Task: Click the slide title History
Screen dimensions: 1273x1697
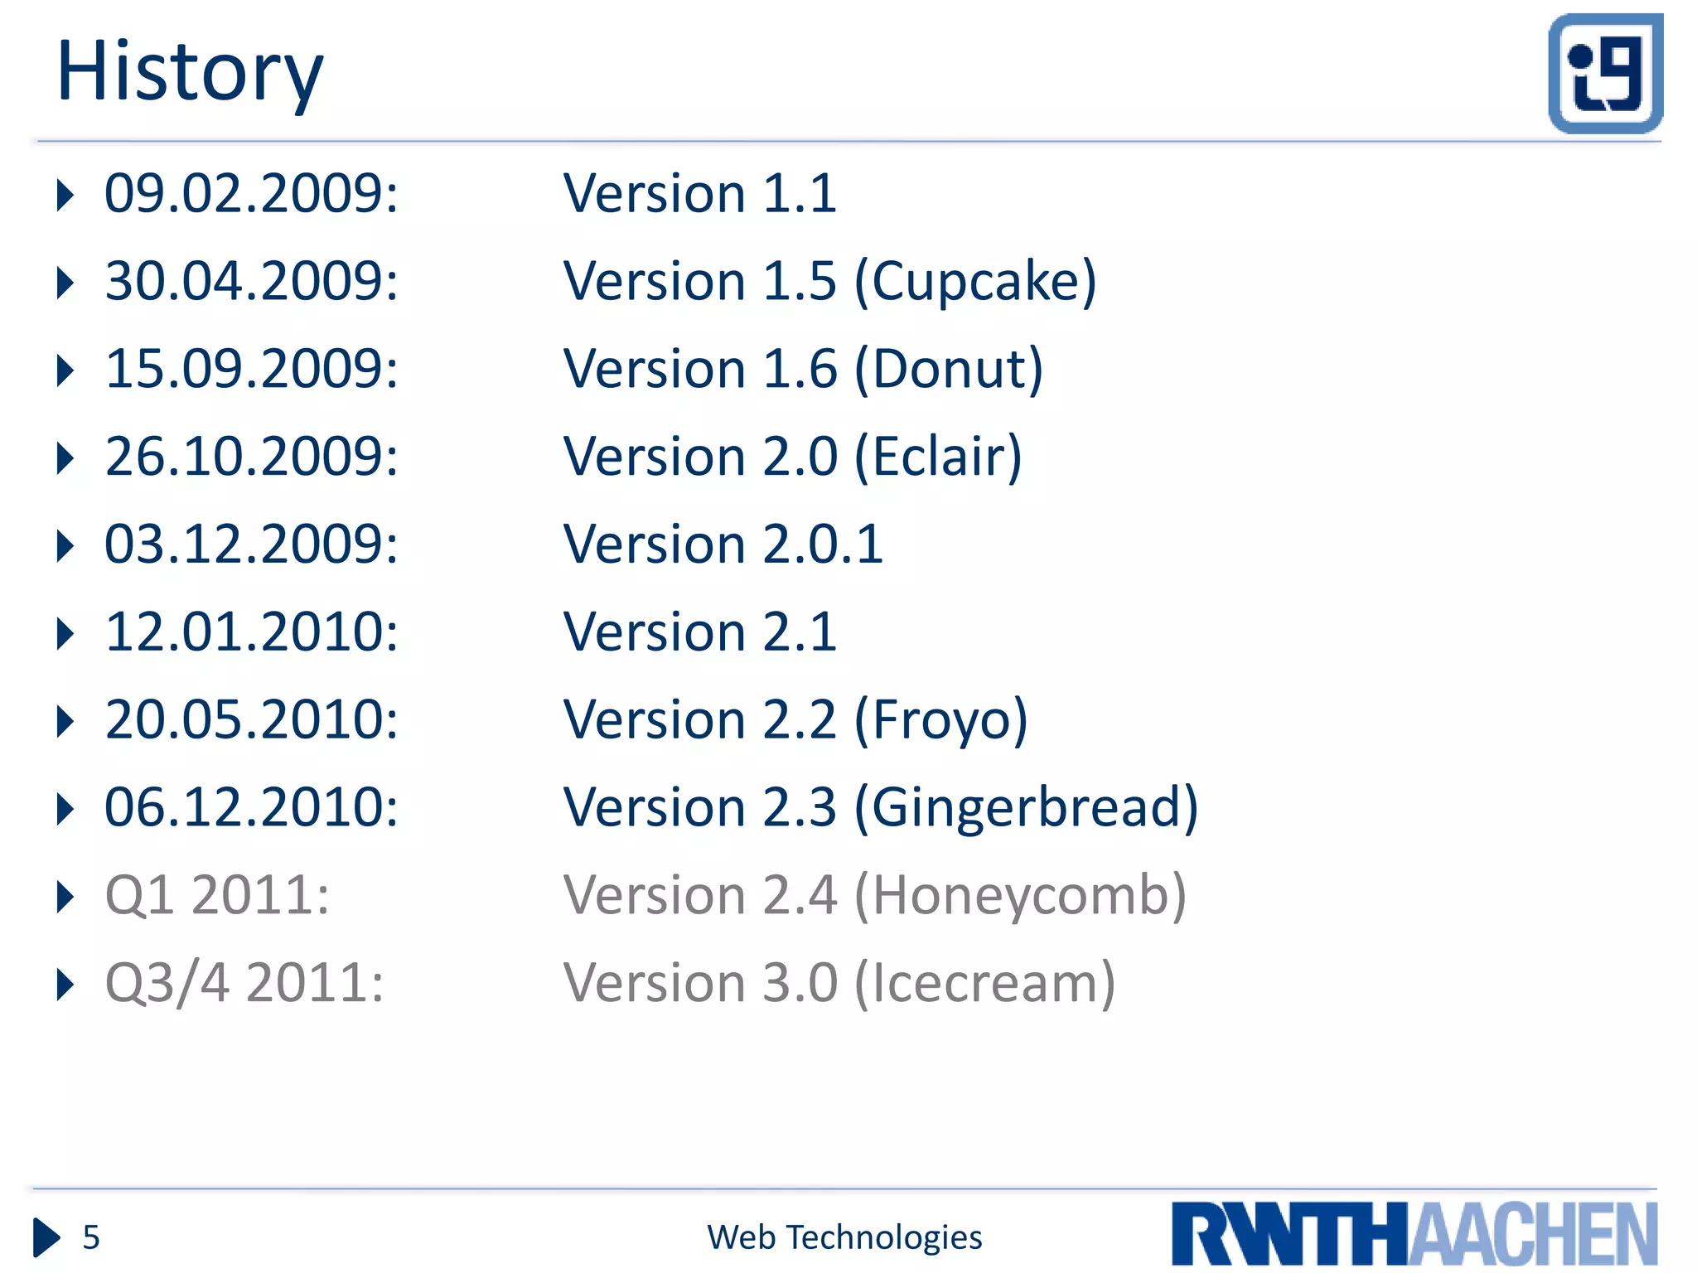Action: [x=189, y=73]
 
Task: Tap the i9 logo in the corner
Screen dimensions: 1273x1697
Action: [x=1605, y=74]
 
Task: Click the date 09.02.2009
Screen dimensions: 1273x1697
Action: [x=250, y=194]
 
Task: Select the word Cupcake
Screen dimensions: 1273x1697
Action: [x=975, y=282]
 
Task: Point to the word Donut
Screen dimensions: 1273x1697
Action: [x=949, y=370]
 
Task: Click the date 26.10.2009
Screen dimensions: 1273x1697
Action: [x=250, y=457]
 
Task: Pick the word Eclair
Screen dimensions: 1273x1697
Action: [x=938, y=457]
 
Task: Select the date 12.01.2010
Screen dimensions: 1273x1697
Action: [x=250, y=632]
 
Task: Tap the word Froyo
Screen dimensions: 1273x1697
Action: [x=940, y=720]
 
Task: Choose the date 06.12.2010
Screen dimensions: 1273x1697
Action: [x=250, y=808]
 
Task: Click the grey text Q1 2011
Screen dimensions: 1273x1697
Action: [x=217, y=896]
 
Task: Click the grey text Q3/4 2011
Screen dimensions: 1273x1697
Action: [x=244, y=984]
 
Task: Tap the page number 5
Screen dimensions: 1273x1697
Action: [x=91, y=1237]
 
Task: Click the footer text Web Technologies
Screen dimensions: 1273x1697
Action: [x=844, y=1237]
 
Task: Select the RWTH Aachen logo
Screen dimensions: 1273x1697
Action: [x=1414, y=1233]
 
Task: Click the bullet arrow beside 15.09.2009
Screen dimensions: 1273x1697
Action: [x=65, y=370]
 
